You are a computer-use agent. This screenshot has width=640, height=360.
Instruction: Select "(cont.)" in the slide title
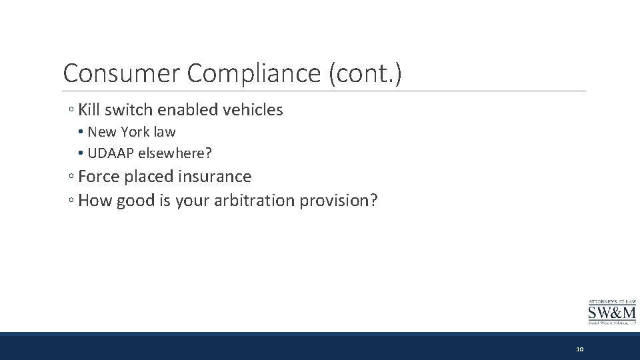pos(365,73)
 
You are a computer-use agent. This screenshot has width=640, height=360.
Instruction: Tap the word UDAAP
pos(111,153)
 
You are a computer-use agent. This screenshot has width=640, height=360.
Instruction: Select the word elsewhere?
pos(175,153)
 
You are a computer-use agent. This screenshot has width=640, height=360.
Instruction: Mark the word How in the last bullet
pos(95,201)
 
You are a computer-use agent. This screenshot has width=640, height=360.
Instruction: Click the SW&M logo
pos(611,311)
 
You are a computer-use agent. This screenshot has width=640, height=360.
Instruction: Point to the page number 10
pos(579,349)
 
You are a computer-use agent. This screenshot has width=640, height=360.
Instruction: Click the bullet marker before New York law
pos(80,133)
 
